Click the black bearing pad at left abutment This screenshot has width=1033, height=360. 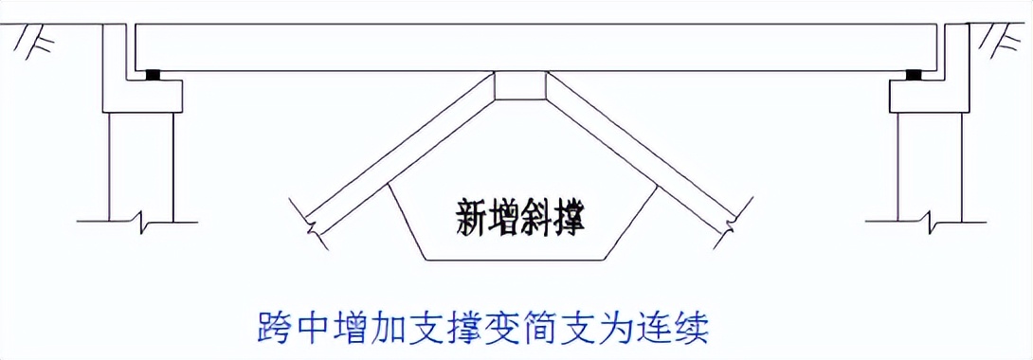pos(152,74)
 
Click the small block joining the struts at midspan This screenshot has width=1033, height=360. pos(520,87)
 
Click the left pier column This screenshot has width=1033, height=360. pos(142,161)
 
